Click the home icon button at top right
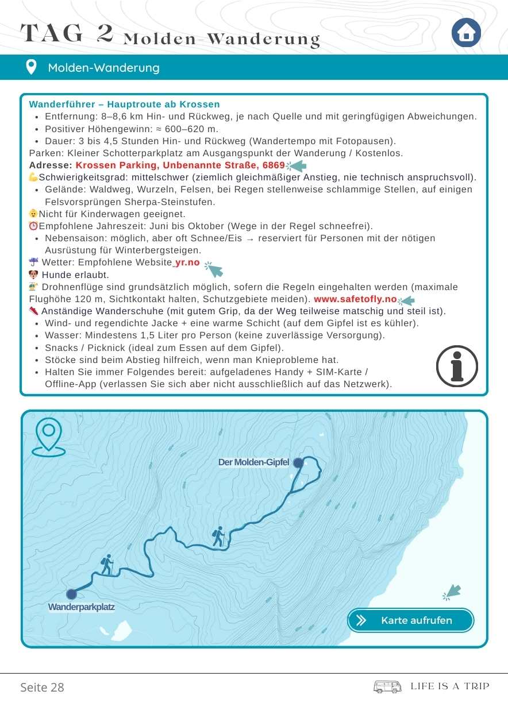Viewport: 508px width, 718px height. tap(466, 33)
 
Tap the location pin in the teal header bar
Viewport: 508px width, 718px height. tap(32, 67)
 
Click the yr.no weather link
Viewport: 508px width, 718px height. tap(187, 263)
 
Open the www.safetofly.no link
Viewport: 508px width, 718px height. tap(355, 299)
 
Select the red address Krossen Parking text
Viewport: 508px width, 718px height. tap(180, 165)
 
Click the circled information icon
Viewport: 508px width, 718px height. tap(457, 366)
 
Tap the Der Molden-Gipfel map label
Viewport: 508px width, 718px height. tap(253, 462)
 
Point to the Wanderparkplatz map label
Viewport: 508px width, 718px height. tap(82, 607)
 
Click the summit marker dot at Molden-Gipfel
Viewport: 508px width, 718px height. tap(298, 462)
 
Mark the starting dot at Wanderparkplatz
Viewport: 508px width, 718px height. tap(71, 594)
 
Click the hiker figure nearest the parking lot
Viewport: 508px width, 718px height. tap(107, 565)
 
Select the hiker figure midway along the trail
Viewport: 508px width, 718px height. tap(218, 536)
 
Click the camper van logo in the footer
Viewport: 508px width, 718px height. tap(387, 687)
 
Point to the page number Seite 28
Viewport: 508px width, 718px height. tap(42, 687)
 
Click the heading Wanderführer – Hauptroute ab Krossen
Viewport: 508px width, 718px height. tap(124, 104)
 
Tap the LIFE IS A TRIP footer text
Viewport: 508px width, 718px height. tap(450, 686)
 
